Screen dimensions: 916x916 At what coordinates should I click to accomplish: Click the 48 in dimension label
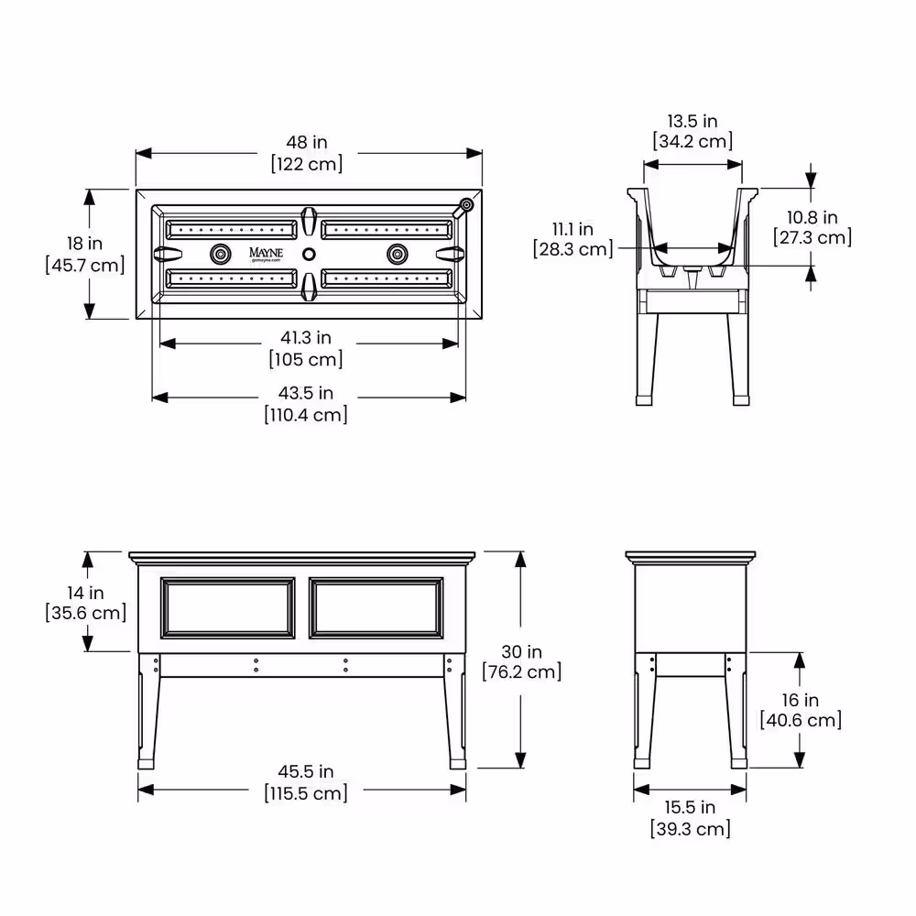[x=307, y=142]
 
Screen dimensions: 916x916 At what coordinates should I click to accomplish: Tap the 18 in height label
[x=84, y=243]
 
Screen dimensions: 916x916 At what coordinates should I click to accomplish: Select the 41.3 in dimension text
[x=306, y=337]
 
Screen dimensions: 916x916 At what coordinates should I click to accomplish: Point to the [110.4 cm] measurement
[x=306, y=415]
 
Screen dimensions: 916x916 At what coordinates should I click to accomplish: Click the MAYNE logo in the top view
[x=266, y=254]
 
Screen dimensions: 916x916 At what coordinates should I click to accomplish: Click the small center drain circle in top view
[x=309, y=254]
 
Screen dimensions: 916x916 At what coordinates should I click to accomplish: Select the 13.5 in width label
[x=692, y=121]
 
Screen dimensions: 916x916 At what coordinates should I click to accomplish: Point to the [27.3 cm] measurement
[x=812, y=238]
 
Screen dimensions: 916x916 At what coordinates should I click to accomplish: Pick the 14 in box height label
[x=85, y=593]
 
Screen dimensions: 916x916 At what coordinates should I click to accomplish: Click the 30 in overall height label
[x=522, y=651]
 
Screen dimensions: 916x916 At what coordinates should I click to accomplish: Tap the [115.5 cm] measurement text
[x=306, y=793]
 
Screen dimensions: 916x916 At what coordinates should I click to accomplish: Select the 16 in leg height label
[x=801, y=700]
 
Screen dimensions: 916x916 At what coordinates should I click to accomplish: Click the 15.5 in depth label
[x=690, y=807]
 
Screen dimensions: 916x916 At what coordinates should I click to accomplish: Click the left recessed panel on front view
[x=228, y=608]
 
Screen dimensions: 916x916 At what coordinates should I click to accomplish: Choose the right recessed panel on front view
[x=376, y=608]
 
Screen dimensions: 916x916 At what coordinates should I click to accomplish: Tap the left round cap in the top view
[x=220, y=254]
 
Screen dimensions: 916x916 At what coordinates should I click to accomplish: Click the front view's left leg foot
[x=146, y=764]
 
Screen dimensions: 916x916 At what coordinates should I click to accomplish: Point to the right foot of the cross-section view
[x=741, y=401]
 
